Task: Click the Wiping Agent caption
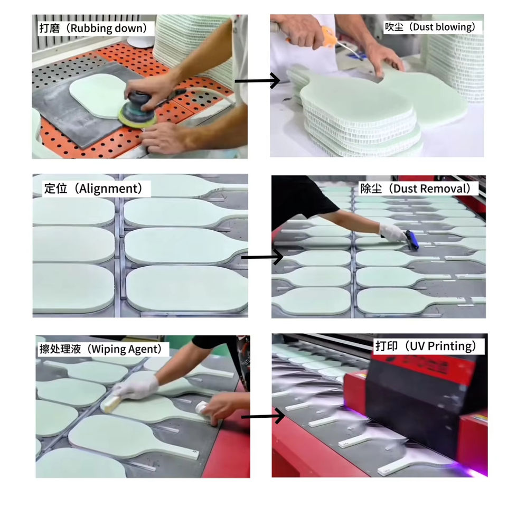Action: pos(126,349)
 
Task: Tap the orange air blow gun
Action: pos(326,37)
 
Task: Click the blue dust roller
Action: pos(412,239)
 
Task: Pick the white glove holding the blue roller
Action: pos(392,232)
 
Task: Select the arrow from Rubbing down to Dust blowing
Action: pos(257,80)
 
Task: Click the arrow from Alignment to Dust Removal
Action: pos(262,257)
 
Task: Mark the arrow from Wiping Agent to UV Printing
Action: pos(263,416)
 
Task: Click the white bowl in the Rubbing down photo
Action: pos(140,41)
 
